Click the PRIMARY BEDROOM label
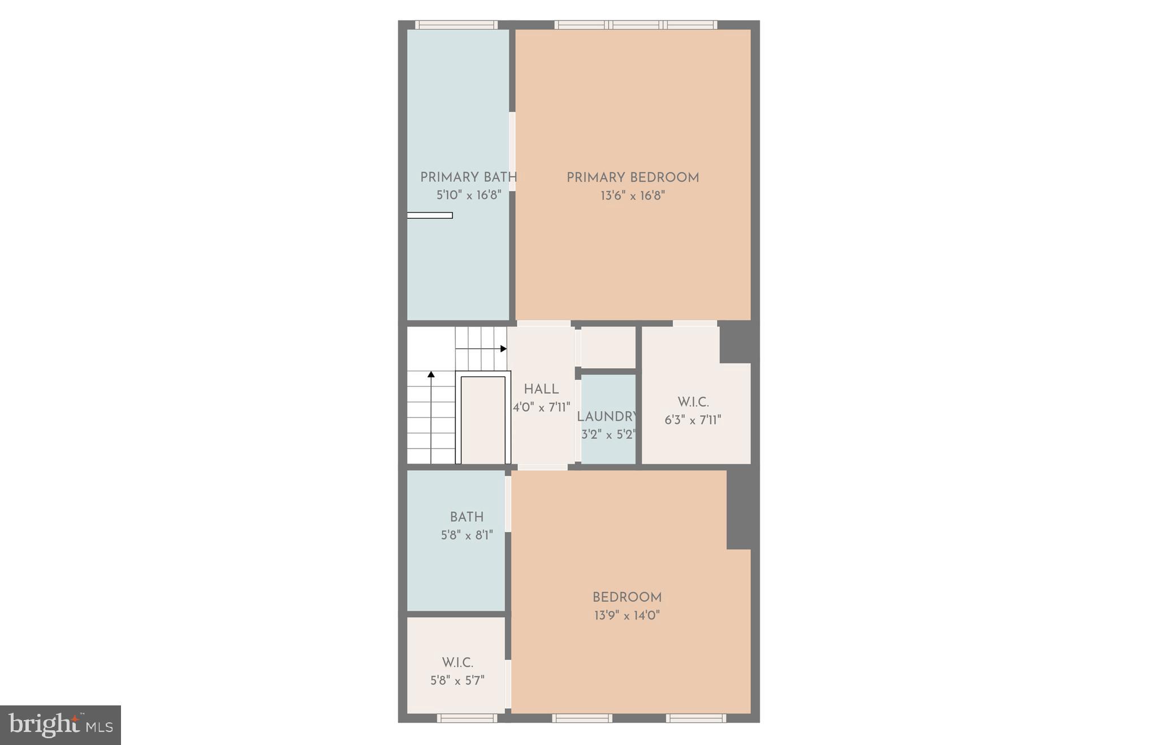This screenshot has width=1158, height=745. tap(633, 178)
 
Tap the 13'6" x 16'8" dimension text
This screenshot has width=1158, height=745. tap(633, 196)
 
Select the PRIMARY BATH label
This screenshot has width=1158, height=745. tap(468, 177)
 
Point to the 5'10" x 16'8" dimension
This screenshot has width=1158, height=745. tap(469, 195)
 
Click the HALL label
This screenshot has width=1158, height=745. tap(541, 389)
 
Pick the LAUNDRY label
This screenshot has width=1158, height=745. tap(607, 417)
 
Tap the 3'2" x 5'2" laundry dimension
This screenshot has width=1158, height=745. tap(608, 435)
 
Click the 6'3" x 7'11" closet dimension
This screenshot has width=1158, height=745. tap(693, 420)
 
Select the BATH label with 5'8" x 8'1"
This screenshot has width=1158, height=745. tap(466, 517)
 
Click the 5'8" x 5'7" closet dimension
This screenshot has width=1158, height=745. tap(457, 681)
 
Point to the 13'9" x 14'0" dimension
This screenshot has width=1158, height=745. tap(627, 615)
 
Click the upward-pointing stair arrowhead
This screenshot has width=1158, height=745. tap(431, 374)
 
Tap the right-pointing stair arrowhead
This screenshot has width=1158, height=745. tap(503, 348)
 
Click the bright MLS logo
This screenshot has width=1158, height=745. tap(61, 725)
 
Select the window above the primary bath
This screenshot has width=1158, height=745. tap(456, 25)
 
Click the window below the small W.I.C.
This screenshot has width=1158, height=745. tap(467, 718)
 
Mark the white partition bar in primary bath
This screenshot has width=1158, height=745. tap(430, 215)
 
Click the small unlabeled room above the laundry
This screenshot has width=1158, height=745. tap(608, 347)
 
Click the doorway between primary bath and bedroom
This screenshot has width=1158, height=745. tap(512, 152)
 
